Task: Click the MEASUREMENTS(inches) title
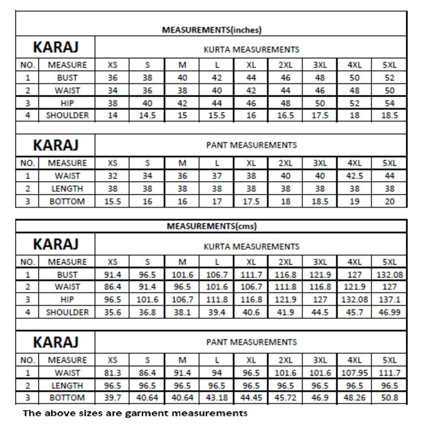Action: pyautogui.click(x=211, y=30)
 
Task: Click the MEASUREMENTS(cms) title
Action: pyautogui.click(x=211, y=226)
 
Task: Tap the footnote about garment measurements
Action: pyautogui.click(x=135, y=413)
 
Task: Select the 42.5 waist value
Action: pyautogui.click(x=354, y=176)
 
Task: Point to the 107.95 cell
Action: pyautogui.click(x=354, y=373)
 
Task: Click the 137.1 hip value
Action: pyautogui.click(x=389, y=299)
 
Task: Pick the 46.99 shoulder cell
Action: pyautogui.click(x=389, y=312)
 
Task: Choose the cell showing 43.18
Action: pyautogui.click(x=217, y=398)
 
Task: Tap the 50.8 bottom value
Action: pyautogui.click(x=389, y=398)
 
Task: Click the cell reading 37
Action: pyautogui.click(x=217, y=176)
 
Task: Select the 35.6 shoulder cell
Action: pyautogui.click(x=112, y=312)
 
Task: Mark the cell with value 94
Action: pyautogui.click(x=217, y=373)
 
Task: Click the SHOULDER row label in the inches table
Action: pyautogui.click(x=67, y=115)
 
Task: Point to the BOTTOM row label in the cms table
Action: pyautogui.click(x=67, y=398)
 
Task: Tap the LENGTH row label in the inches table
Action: pyautogui.click(x=67, y=189)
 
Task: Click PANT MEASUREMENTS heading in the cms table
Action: pyautogui.click(x=251, y=342)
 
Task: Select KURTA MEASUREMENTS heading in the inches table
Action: pyautogui.click(x=251, y=49)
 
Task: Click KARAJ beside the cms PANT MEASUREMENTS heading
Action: pyautogui.click(x=56, y=342)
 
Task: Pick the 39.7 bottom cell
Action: pyautogui.click(x=112, y=398)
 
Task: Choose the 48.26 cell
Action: pyautogui.click(x=354, y=398)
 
